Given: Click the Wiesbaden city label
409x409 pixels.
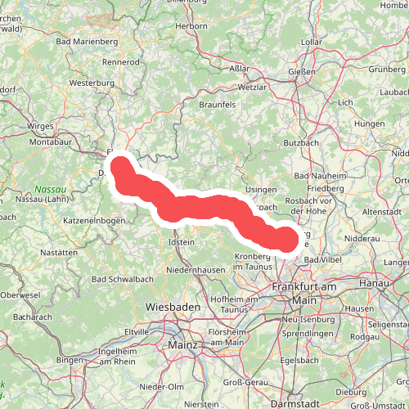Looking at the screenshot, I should point(173,306).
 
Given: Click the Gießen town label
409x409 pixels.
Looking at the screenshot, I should point(303,71).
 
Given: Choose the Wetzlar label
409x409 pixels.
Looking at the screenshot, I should point(252,87).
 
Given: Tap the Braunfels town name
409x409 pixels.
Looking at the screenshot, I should point(218,105).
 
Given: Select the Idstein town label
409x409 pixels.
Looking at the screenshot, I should point(181,242).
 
